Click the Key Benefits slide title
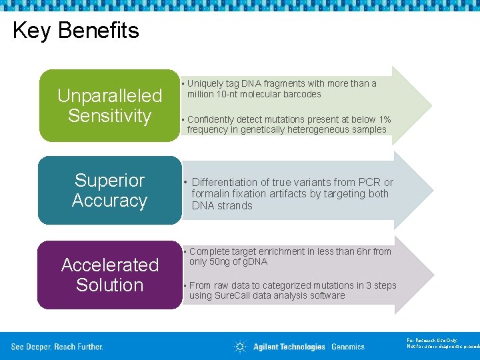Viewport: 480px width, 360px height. [76, 31]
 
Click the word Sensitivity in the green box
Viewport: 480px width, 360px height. [109, 116]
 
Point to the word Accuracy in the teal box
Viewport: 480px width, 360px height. [109, 201]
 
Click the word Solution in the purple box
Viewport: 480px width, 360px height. [109, 285]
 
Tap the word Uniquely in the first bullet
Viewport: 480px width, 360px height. [203, 83]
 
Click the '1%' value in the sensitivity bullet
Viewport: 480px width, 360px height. [385, 119]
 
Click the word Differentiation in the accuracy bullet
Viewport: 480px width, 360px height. [224, 182]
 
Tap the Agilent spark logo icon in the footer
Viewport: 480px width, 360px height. [240, 346]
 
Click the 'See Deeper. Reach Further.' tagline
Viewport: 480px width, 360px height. [57, 347]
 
